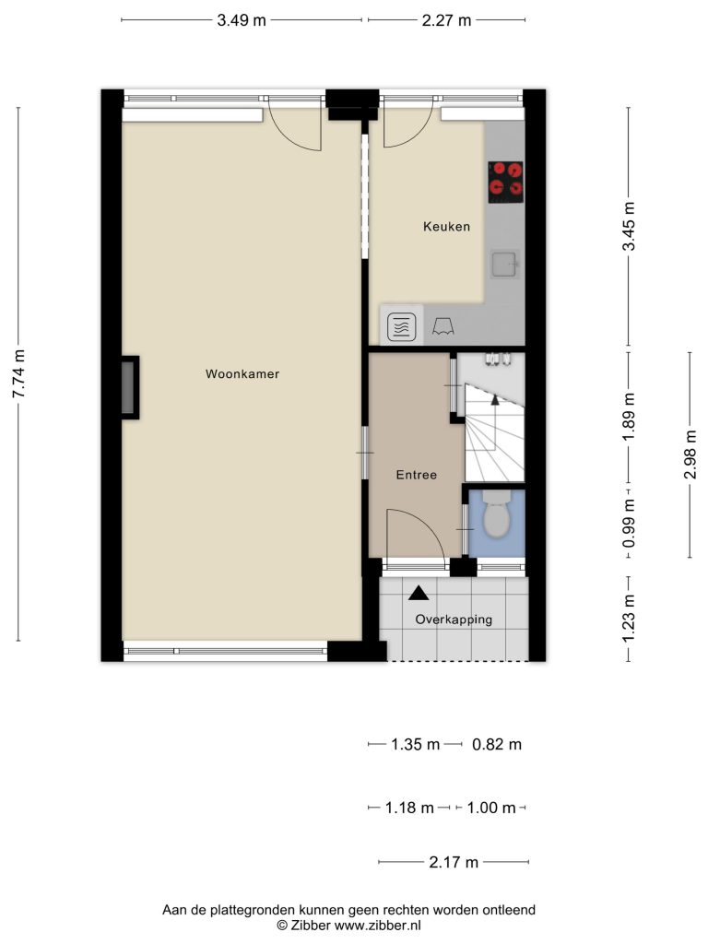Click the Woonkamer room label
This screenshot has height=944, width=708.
242,374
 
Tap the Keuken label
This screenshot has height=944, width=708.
446,227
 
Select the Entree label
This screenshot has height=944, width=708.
416,475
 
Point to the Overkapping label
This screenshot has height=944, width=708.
454,619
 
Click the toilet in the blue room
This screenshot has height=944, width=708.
497,513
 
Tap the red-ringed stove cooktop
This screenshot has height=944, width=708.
506,182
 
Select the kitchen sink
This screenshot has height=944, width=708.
505,264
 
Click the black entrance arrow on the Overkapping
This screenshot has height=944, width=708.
419,594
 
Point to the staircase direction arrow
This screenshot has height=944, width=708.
495,400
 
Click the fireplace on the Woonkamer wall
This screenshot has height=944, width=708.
129,388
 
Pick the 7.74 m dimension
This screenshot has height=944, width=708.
18,374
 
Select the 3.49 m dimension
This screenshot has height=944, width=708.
242,20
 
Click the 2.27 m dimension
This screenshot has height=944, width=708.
446,20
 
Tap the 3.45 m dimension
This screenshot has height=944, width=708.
629,227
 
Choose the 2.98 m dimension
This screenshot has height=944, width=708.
690,455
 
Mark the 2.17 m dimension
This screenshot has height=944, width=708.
454,862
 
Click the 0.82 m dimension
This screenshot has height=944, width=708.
497,744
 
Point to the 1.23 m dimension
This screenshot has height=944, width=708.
629,619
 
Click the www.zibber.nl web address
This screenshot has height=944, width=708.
377,926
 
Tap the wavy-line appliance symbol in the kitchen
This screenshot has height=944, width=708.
402,328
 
